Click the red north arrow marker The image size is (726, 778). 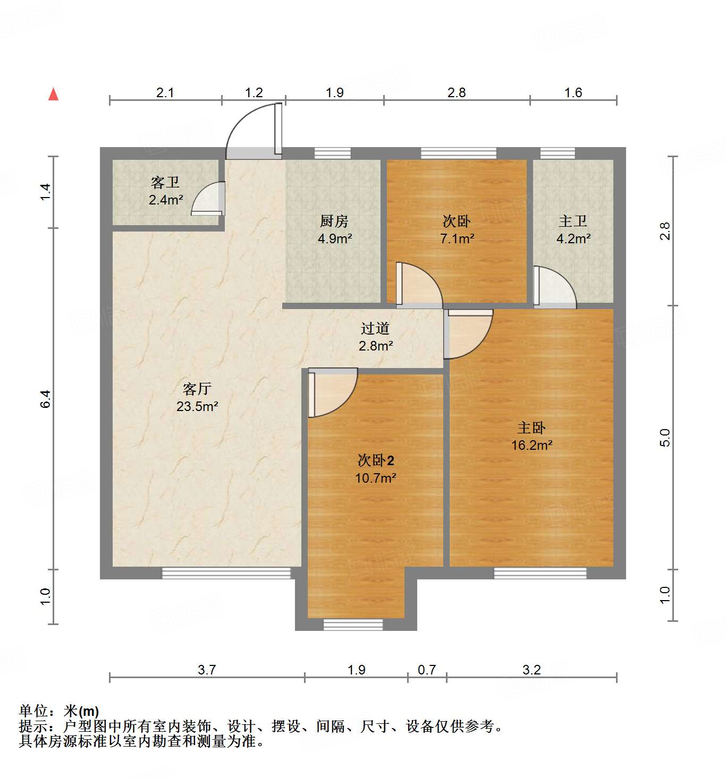tap(53, 94)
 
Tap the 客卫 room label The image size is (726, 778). tap(165, 183)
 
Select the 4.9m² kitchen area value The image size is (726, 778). tap(335, 239)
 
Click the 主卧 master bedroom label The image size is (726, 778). tap(531, 428)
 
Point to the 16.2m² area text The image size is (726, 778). tap(531, 445)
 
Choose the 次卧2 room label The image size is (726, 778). tap(376, 460)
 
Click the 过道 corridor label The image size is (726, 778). tap(375, 329)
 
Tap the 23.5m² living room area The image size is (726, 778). tap(197, 407)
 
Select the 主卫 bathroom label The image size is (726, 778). tap(572, 221)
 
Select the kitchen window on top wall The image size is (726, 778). tap(332, 153)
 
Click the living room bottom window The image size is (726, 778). tap(226, 573)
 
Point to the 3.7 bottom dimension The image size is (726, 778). tap(207, 670)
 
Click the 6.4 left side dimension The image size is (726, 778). tap(46, 399)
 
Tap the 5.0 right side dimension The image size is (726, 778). tap(665, 438)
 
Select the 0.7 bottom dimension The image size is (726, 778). tap(427, 670)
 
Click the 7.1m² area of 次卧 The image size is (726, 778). tap(457, 239)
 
